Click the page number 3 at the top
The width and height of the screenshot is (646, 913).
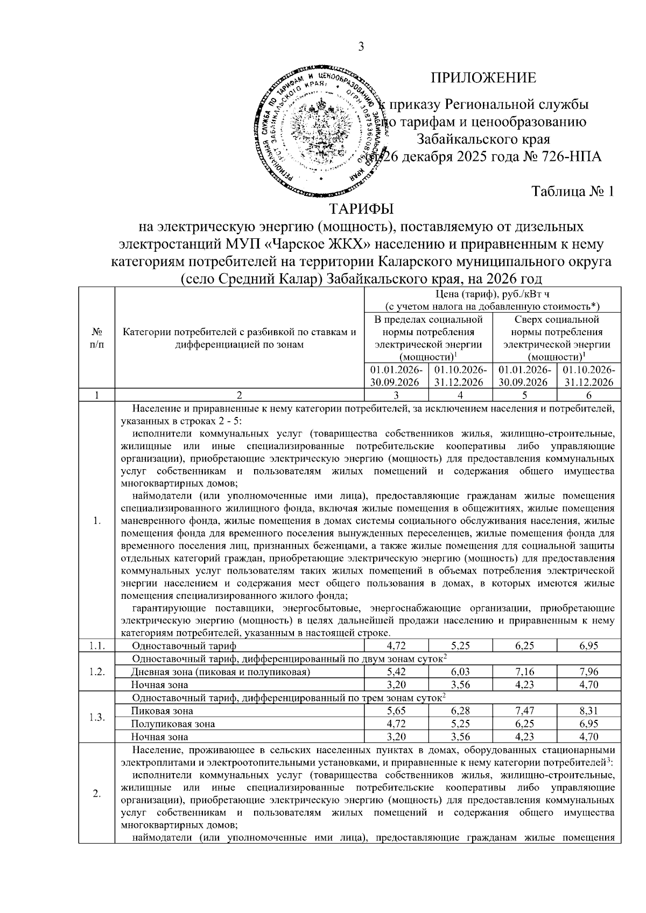pyautogui.click(x=361, y=48)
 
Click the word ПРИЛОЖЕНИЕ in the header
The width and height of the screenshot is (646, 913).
pyautogui.click(x=483, y=79)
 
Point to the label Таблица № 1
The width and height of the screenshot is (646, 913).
pyautogui.click(x=573, y=192)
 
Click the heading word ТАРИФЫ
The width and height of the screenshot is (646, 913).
pyautogui.click(x=361, y=208)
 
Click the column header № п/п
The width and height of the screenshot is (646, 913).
pyautogui.click(x=97, y=338)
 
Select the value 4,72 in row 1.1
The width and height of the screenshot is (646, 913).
pyautogui.click(x=396, y=646)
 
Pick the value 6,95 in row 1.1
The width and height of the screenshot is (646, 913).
pyautogui.click(x=589, y=646)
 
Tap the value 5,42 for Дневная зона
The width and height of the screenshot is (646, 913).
pyautogui.click(x=396, y=672)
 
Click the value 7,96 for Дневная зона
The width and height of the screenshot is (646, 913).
pyautogui.click(x=589, y=672)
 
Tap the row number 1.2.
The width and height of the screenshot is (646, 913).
pyautogui.click(x=97, y=672)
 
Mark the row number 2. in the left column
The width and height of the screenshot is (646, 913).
pyautogui.click(x=97, y=795)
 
